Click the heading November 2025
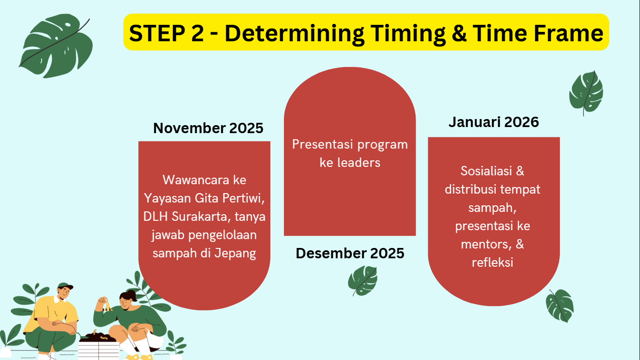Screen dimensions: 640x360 (x=208, y=128)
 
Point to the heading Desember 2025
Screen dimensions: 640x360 (x=350, y=253)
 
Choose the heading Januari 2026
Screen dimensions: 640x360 (x=494, y=122)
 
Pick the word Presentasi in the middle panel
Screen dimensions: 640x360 (x=322, y=144)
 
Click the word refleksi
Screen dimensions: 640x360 (x=492, y=262)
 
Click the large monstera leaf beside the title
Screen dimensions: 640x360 (x=56, y=46)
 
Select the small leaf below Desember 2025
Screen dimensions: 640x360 (x=363, y=281)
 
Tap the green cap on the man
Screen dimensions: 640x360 (x=65, y=286)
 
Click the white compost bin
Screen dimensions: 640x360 (x=98, y=350)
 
